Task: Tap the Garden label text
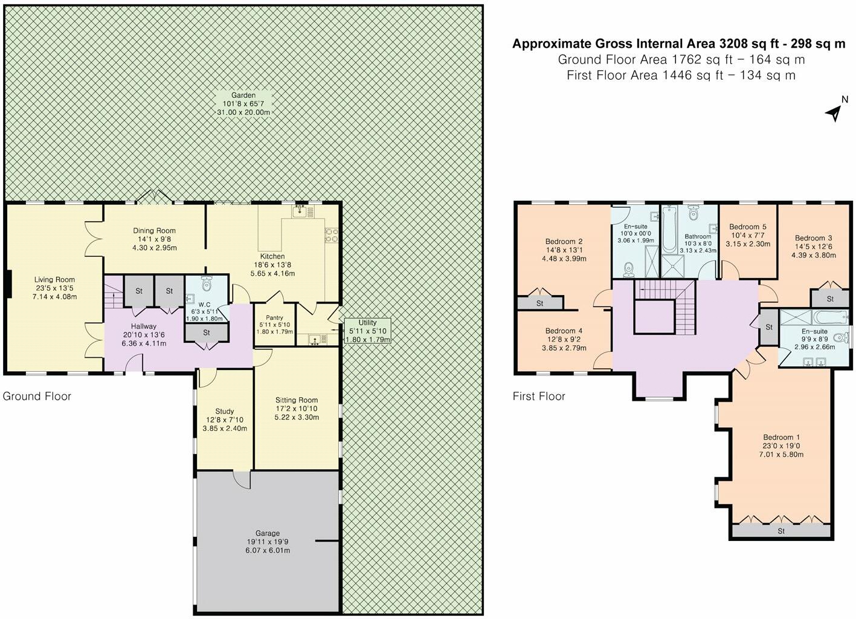click(243, 95)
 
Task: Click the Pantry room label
click(274, 318)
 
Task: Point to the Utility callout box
click(368, 331)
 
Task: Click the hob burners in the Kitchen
click(331, 235)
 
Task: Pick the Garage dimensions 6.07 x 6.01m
click(268, 551)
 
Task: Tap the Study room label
click(224, 412)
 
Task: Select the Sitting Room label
click(297, 400)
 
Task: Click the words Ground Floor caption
click(37, 396)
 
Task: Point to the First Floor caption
click(539, 396)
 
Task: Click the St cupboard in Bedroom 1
click(782, 531)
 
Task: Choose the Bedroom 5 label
click(748, 227)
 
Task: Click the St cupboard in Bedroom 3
click(830, 299)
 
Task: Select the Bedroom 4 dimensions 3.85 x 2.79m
click(564, 348)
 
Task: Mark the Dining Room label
click(155, 230)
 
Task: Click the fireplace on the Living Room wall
click(10, 284)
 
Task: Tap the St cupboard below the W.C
click(207, 332)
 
